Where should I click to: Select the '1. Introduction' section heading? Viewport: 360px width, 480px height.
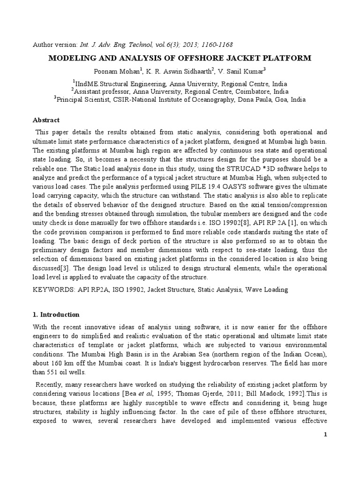click(56, 315)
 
